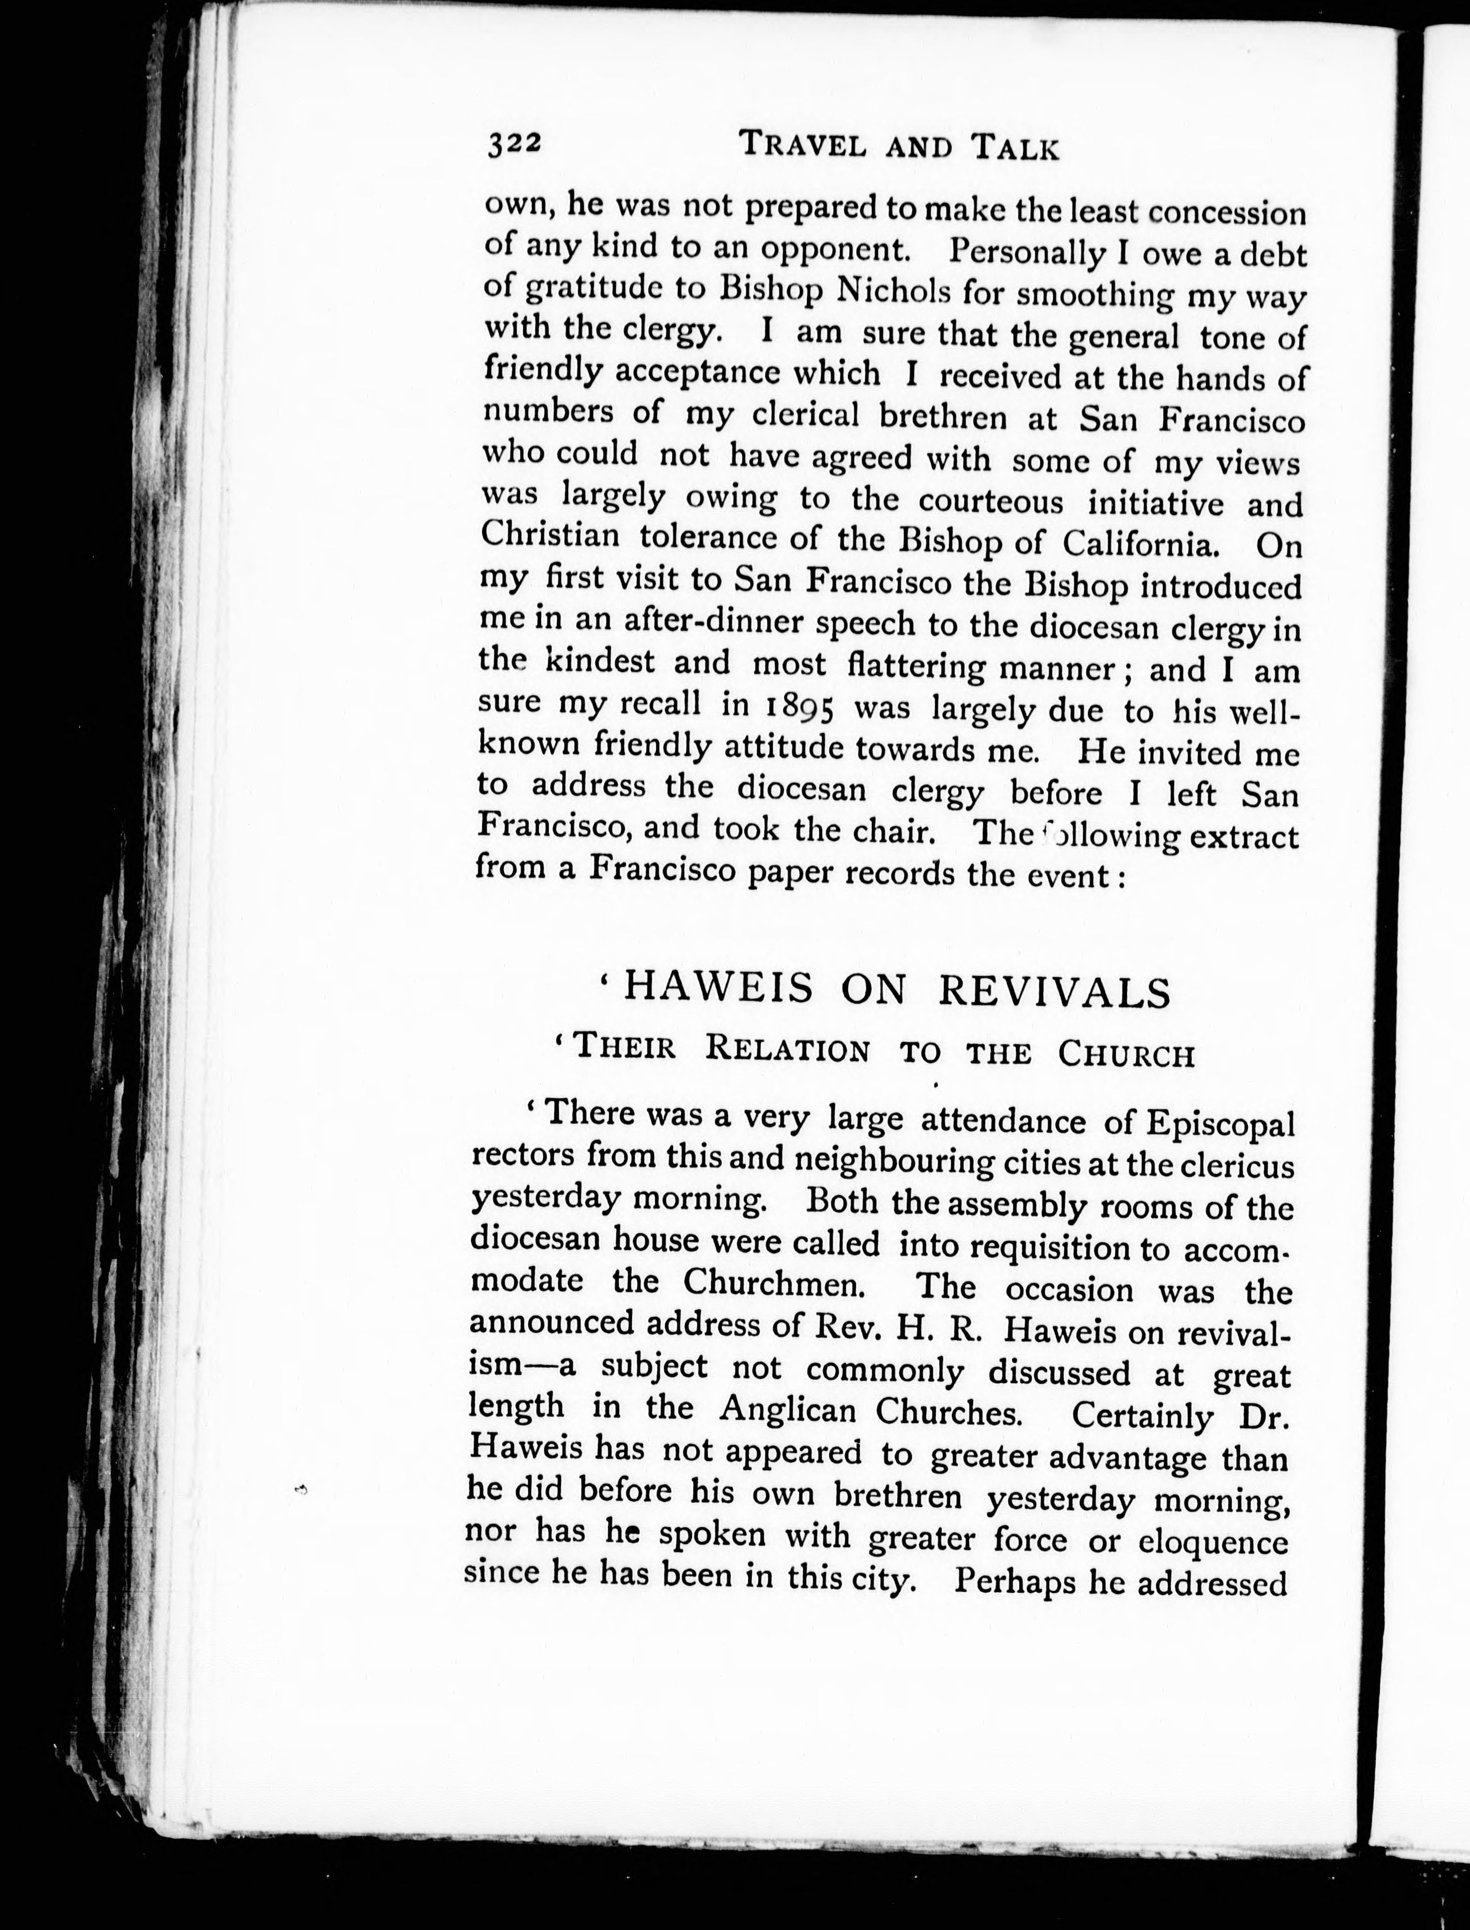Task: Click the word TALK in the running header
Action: point(1016,148)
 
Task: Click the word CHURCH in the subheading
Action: point(1126,1055)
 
